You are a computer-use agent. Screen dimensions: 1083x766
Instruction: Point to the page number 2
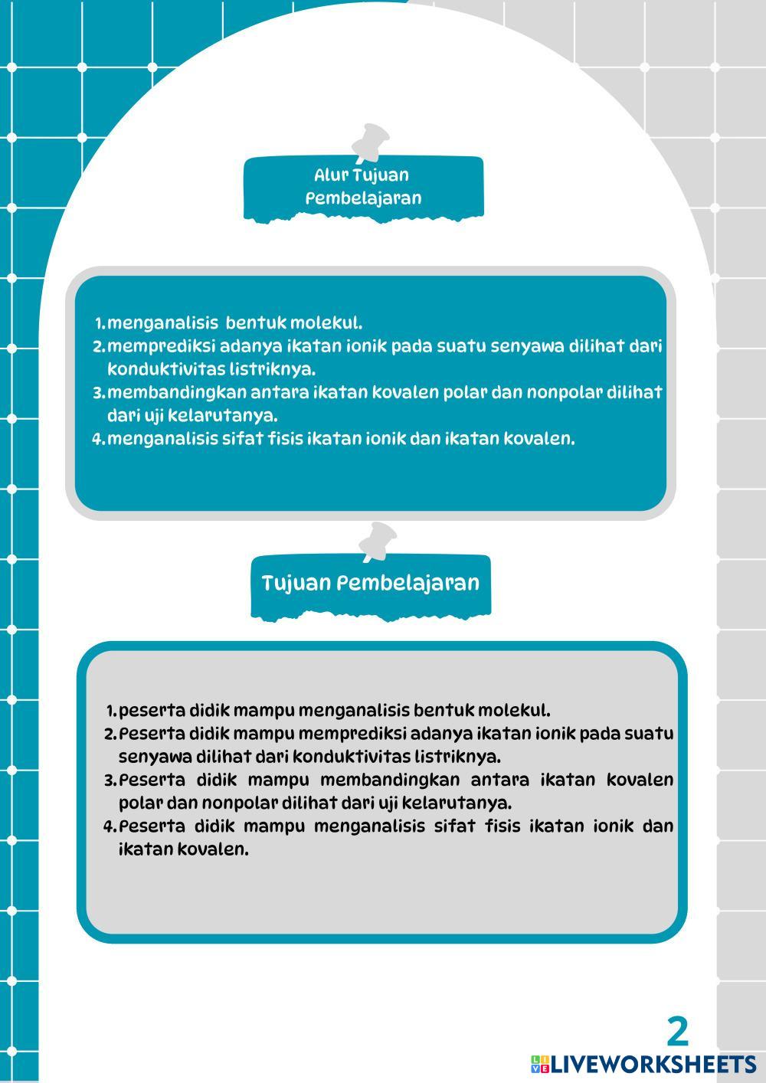tap(677, 1032)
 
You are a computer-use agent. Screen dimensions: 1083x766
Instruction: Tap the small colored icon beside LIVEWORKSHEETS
tap(539, 1064)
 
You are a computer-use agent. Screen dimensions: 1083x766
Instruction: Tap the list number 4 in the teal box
tap(97, 440)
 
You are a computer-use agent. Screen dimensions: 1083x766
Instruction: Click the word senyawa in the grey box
tap(155, 757)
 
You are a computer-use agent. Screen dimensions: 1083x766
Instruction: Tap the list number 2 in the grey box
tap(109, 734)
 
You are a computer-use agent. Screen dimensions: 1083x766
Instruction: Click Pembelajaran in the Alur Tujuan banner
tap(363, 198)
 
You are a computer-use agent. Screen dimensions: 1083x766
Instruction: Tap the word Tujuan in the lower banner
tap(296, 583)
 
